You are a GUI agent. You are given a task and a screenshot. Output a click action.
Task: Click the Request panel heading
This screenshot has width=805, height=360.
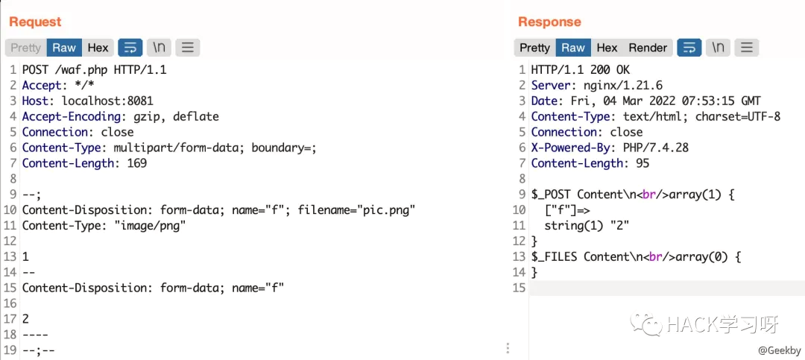pos(35,22)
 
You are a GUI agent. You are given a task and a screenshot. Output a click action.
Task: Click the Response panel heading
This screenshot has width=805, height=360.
pos(549,22)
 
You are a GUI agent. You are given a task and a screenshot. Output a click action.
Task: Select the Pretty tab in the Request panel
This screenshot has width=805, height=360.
pos(25,48)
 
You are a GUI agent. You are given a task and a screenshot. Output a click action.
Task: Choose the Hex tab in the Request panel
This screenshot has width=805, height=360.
pos(98,48)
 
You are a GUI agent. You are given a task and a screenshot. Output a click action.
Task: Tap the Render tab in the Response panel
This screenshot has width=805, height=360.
pos(648,48)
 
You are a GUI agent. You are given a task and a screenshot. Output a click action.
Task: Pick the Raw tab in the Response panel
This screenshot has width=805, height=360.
pos(572,48)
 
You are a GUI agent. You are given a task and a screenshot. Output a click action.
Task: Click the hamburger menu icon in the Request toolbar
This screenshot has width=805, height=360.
pos(187,48)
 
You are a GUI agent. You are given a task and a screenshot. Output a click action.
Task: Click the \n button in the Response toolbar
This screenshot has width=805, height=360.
pos(718,48)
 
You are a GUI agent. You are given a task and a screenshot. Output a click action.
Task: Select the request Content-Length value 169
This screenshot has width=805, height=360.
pos(136,163)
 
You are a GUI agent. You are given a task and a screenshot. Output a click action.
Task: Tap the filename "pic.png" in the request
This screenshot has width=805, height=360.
pos(386,210)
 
